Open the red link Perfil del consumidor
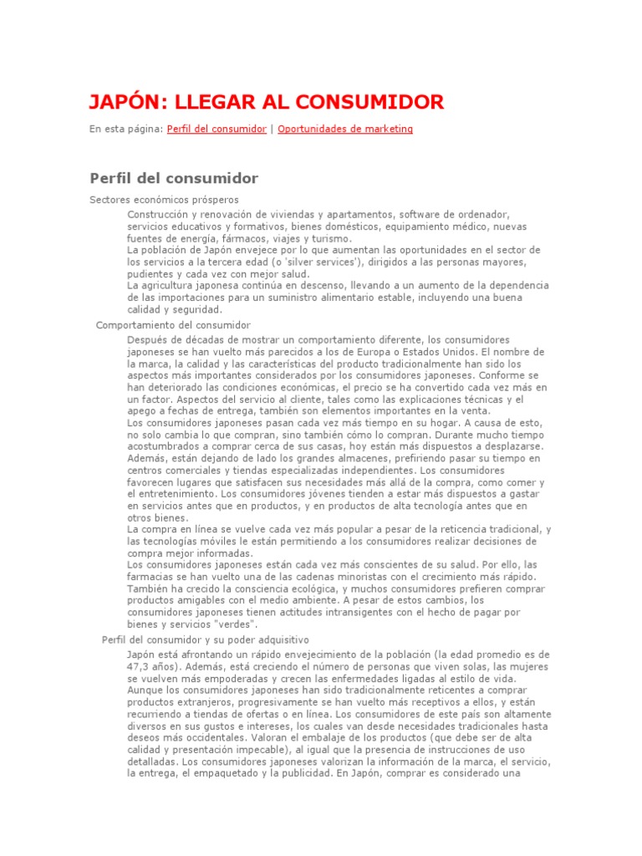pos(217,130)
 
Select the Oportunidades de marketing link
pos(344,130)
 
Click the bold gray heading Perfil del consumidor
pos(174,178)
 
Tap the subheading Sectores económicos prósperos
pos(164,200)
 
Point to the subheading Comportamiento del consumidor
pos(174,324)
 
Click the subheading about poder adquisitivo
pos(193,639)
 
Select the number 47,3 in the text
pos(140,666)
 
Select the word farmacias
pos(150,577)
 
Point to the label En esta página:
pos(126,130)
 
